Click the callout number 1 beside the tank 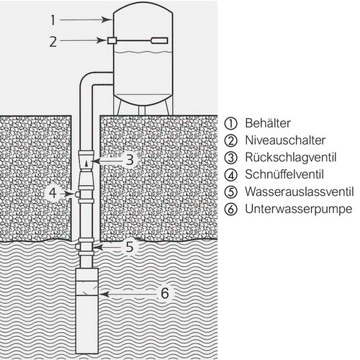[x=53, y=20]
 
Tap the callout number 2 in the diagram [x=53, y=41]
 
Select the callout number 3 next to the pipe [x=130, y=160]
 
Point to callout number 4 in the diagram [x=53, y=193]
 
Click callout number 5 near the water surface [x=130, y=247]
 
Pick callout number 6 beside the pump [x=165, y=293]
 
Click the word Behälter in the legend [x=268, y=123]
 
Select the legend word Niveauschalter [x=285, y=140]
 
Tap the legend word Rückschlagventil [x=290, y=158]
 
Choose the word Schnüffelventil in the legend [x=284, y=174]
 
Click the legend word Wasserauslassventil [x=300, y=192]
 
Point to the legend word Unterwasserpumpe [x=299, y=209]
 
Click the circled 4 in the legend [x=231, y=175]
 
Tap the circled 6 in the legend [x=231, y=210]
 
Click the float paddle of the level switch [x=159, y=40]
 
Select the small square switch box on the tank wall [x=112, y=41]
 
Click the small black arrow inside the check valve [x=86, y=164]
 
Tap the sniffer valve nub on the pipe [x=78, y=194]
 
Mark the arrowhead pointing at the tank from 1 [x=107, y=20]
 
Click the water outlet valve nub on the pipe [x=78, y=246]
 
